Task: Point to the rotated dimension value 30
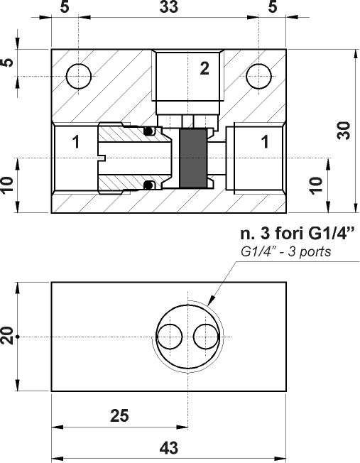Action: coord(344,131)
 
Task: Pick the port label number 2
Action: coord(204,69)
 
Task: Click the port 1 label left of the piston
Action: coord(75,142)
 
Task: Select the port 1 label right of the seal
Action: coord(265,142)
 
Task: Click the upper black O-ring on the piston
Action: coord(148,131)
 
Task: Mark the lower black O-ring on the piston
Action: coord(148,185)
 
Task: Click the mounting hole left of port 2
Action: coord(78,75)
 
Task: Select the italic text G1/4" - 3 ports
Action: coord(286,252)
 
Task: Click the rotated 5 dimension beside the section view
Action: coord(8,62)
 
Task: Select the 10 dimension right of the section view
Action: coord(317,185)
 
